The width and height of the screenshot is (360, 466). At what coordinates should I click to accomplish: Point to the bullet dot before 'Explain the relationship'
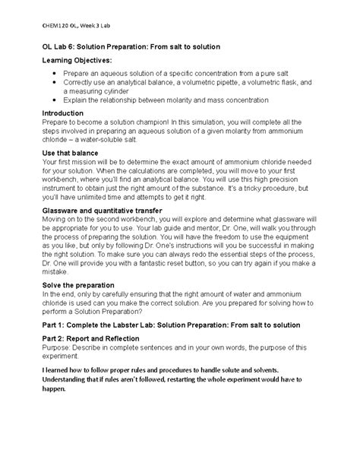(x=55, y=100)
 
